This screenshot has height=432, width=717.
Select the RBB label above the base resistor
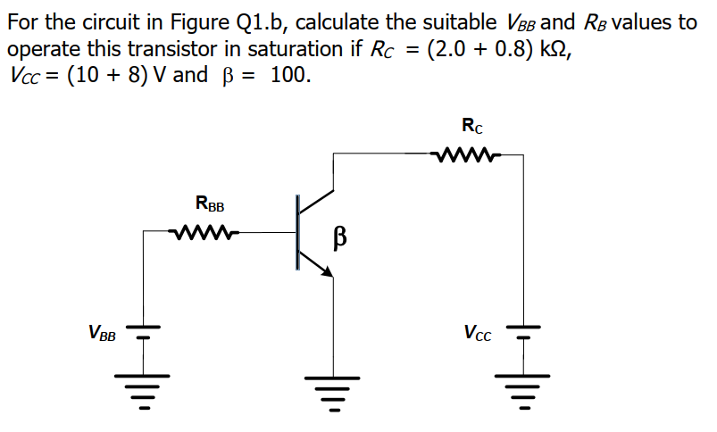pyautogui.click(x=210, y=205)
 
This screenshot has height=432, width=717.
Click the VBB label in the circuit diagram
pyautogui.click(x=102, y=335)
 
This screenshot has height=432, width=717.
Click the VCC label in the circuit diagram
pyautogui.click(x=477, y=335)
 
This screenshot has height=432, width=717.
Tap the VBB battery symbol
pyautogui.click(x=142, y=334)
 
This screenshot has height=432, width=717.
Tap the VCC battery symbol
pyautogui.click(x=524, y=334)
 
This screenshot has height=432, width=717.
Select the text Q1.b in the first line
pyautogui.click(x=251, y=22)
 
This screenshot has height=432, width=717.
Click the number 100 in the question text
pyautogui.click(x=290, y=74)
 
